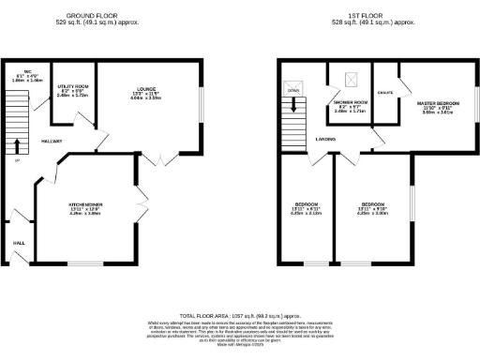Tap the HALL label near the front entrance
(18, 243)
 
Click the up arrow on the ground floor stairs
(16, 145)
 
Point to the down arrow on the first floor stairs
(292, 104)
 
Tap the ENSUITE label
(385, 92)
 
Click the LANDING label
(326, 142)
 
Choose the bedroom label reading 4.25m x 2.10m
(307, 208)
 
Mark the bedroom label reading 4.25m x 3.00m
(373, 208)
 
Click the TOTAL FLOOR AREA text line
(237, 318)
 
